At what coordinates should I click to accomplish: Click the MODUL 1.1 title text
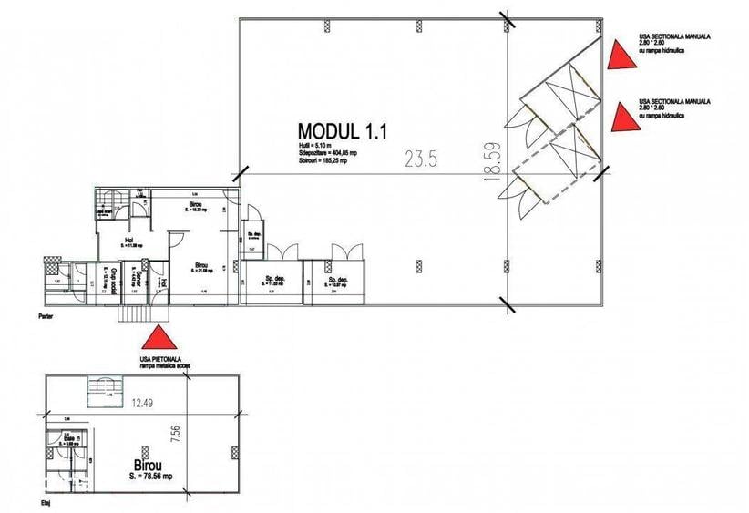coord(343,131)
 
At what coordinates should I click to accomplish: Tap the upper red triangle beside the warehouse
coord(621,55)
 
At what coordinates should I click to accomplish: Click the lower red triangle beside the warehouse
coord(621,117)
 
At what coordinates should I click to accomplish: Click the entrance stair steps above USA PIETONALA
coord(135,313)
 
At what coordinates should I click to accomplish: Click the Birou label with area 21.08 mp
coord(201,268)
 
